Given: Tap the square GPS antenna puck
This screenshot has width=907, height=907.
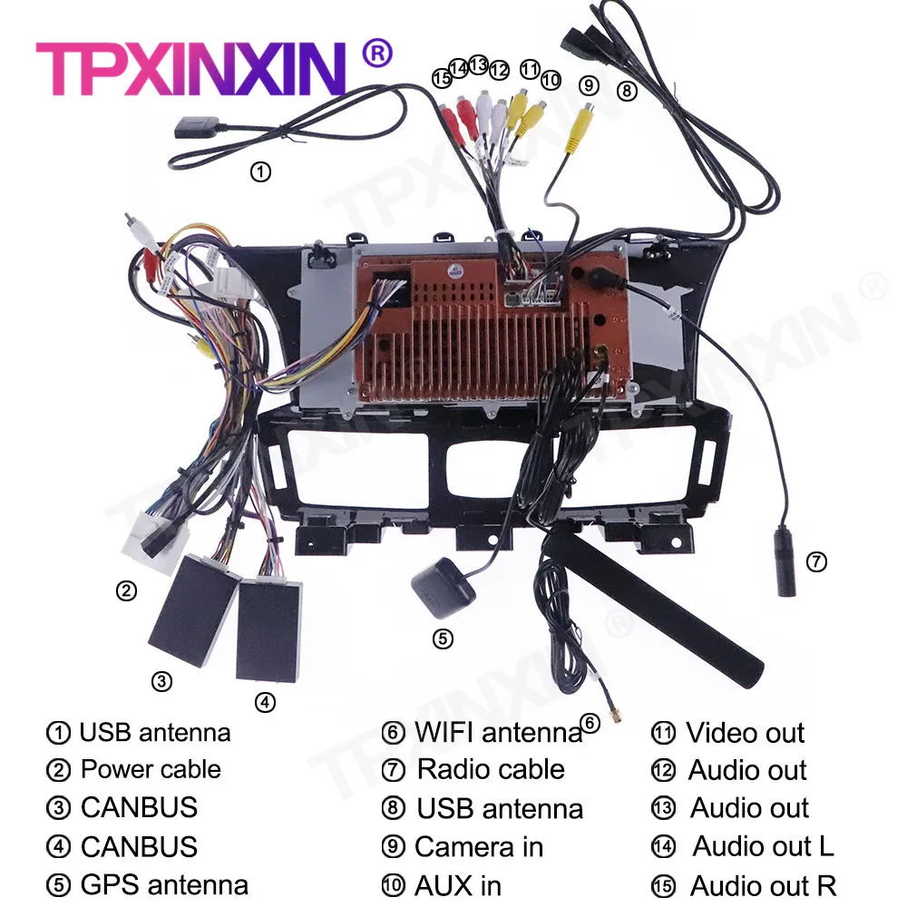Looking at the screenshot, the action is (x=444, y=587).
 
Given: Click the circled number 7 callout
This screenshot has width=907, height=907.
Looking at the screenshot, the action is (x=816, y=561).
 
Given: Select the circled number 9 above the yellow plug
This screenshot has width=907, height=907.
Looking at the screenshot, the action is (x=590, y=85).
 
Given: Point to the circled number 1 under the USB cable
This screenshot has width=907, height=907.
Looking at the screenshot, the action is (x=260, y=171).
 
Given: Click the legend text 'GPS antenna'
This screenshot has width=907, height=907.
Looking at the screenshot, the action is (x=164, y=884).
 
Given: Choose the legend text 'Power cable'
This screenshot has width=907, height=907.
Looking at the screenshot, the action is (x=151, y=770).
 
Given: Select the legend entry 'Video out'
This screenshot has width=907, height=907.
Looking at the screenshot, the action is (x=745, y=733).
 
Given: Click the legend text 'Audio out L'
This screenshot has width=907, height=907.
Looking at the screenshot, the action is (x=763, y=847).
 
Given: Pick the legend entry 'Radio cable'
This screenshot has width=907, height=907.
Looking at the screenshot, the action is (x=491, y=770).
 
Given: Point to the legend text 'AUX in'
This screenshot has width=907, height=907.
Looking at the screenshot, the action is (x=458, y=885).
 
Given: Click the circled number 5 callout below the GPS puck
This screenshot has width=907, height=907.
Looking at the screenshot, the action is (x=442, y=639).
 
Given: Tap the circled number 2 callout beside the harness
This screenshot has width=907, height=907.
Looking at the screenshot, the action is (x=126, y=591).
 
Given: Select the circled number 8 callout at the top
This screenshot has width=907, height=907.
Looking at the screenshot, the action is (x=627, y=90).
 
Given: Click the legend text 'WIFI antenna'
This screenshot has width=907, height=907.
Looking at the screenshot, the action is (x=498, y=732).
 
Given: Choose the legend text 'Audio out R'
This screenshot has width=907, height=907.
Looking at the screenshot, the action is (x=763, y=885).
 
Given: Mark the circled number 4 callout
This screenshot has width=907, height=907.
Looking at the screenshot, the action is (x=264, y=701).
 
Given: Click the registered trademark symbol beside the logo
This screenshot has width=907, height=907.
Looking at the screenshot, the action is (x=376, y=54).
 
